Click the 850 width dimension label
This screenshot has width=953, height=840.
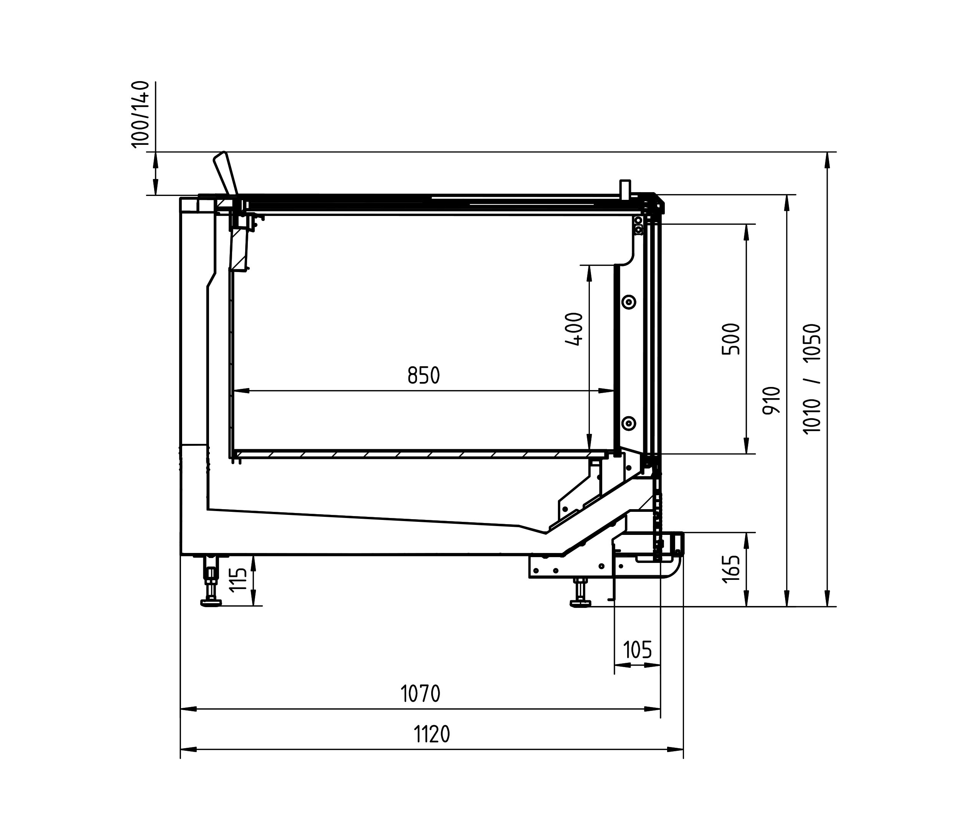(423, 375)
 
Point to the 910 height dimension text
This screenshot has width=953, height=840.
(771, 400)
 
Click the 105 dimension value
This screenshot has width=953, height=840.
(638, 650)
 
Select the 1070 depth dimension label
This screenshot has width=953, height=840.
(420, 694)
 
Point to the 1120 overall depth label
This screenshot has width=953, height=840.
(432, 734)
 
